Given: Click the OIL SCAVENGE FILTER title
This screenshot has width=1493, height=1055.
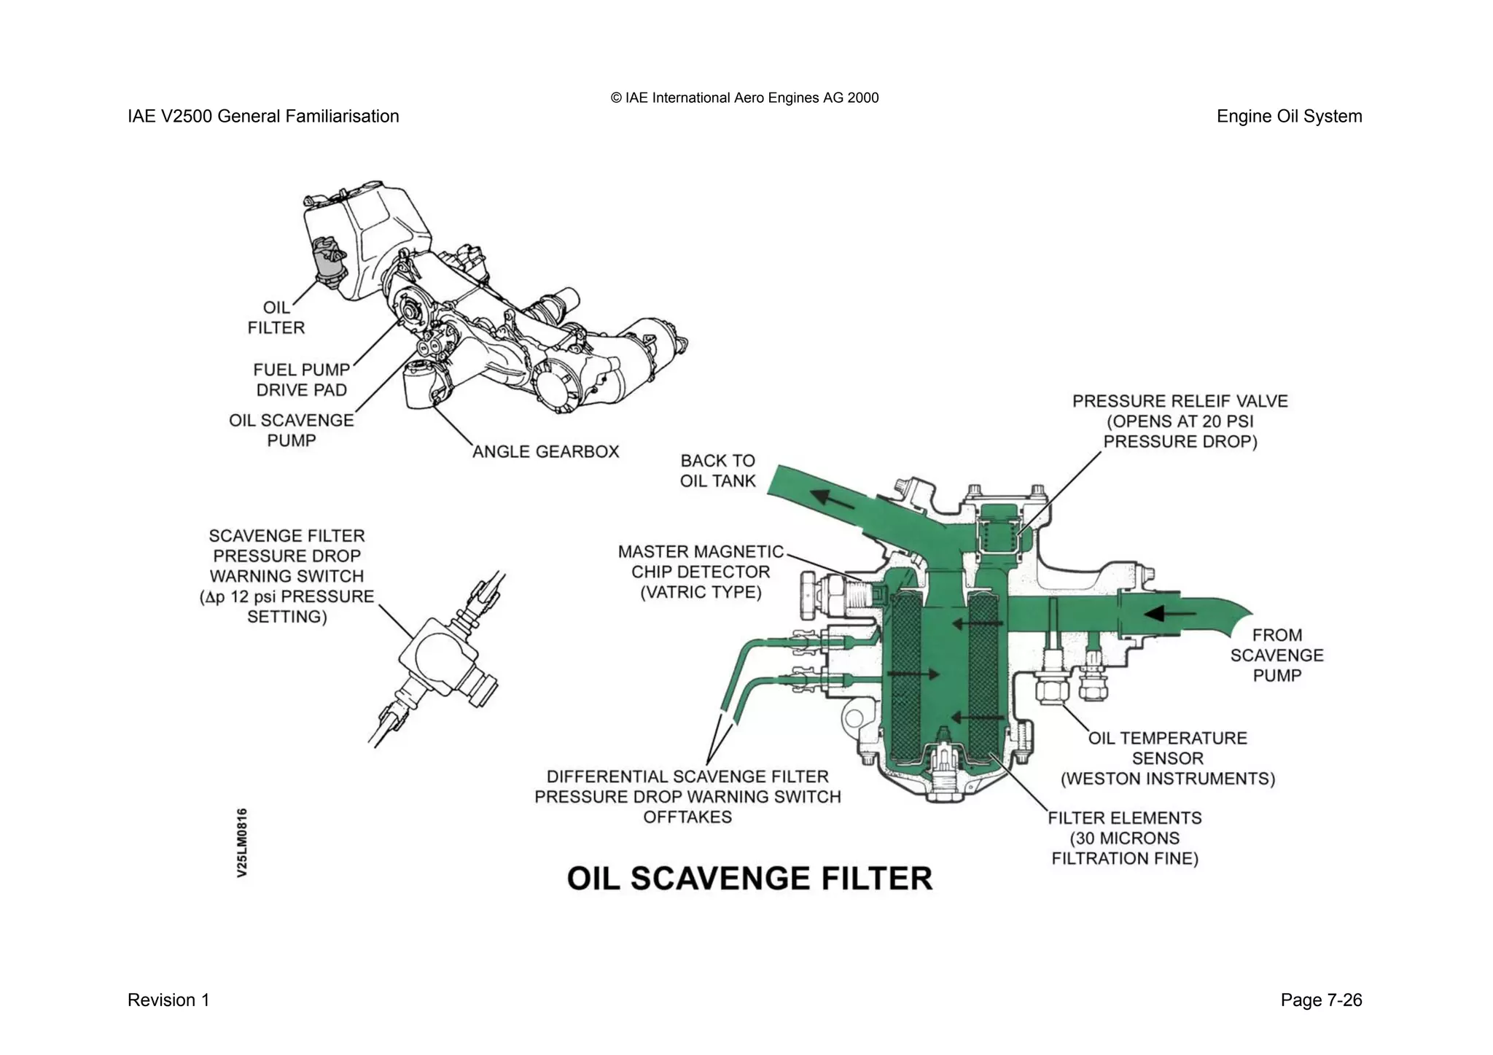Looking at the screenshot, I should tap(749, 879).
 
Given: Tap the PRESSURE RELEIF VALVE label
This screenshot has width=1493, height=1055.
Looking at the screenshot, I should tap(1180, 421).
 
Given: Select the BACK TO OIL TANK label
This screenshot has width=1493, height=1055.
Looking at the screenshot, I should tap(717, 470).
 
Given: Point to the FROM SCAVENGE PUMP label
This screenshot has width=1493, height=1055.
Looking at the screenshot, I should tap(1276, 655).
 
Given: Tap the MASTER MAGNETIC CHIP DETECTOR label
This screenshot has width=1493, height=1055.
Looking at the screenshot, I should tap(700, 572).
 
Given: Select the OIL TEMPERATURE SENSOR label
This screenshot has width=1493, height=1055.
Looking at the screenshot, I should tap(1167, 758).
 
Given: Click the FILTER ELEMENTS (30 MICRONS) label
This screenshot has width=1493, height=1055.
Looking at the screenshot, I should tap(1124, 838).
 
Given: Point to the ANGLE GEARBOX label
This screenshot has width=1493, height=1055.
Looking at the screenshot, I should tap(545, 451).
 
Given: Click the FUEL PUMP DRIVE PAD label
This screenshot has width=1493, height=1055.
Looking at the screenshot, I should tap(301, 380).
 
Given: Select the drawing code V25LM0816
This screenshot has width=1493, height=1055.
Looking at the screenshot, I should tap(242, 842).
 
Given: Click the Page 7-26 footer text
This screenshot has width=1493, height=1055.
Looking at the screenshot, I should tap(1320, 1000).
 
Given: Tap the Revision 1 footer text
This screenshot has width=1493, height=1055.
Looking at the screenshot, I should tap(168, 1000).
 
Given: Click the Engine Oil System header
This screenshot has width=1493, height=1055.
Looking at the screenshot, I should tap(1288, 116).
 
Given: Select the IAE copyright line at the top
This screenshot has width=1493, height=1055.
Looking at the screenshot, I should tap(744, 98).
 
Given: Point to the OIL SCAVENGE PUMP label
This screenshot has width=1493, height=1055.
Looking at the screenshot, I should tap(291, 430).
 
